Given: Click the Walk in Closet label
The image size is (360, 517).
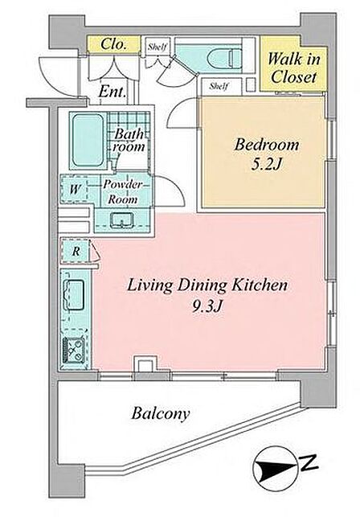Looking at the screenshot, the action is click(293, 68).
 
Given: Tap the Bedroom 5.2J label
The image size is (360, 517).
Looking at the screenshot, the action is click(266, 154).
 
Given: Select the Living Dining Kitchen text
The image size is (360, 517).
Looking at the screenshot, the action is click(207, 285).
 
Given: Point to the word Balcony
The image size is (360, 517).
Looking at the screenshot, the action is click(161, 413).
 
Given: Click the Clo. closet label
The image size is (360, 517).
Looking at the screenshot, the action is click(113, 44).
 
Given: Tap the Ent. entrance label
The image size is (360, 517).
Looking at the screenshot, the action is click(112, 92).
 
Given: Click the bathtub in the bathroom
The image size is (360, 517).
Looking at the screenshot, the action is click(88, 141).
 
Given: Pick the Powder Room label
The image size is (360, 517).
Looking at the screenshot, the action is click(123, 192).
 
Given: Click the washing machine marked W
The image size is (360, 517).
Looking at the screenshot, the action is click(75, 189).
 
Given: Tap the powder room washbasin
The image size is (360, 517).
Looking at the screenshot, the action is click(121, 220).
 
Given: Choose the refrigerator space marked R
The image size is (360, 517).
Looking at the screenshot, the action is click(76, 251).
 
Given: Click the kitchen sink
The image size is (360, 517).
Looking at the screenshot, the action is click(74, 295).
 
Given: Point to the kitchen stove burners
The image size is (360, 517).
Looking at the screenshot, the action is click(75, 351).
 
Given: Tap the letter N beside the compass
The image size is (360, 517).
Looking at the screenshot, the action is click(309, 462).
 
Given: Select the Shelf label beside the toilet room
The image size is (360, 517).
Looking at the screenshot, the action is click(157, 47).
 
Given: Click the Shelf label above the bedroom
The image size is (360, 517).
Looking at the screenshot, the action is click(219, 86).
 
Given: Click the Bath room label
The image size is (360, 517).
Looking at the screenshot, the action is click(129, 140).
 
